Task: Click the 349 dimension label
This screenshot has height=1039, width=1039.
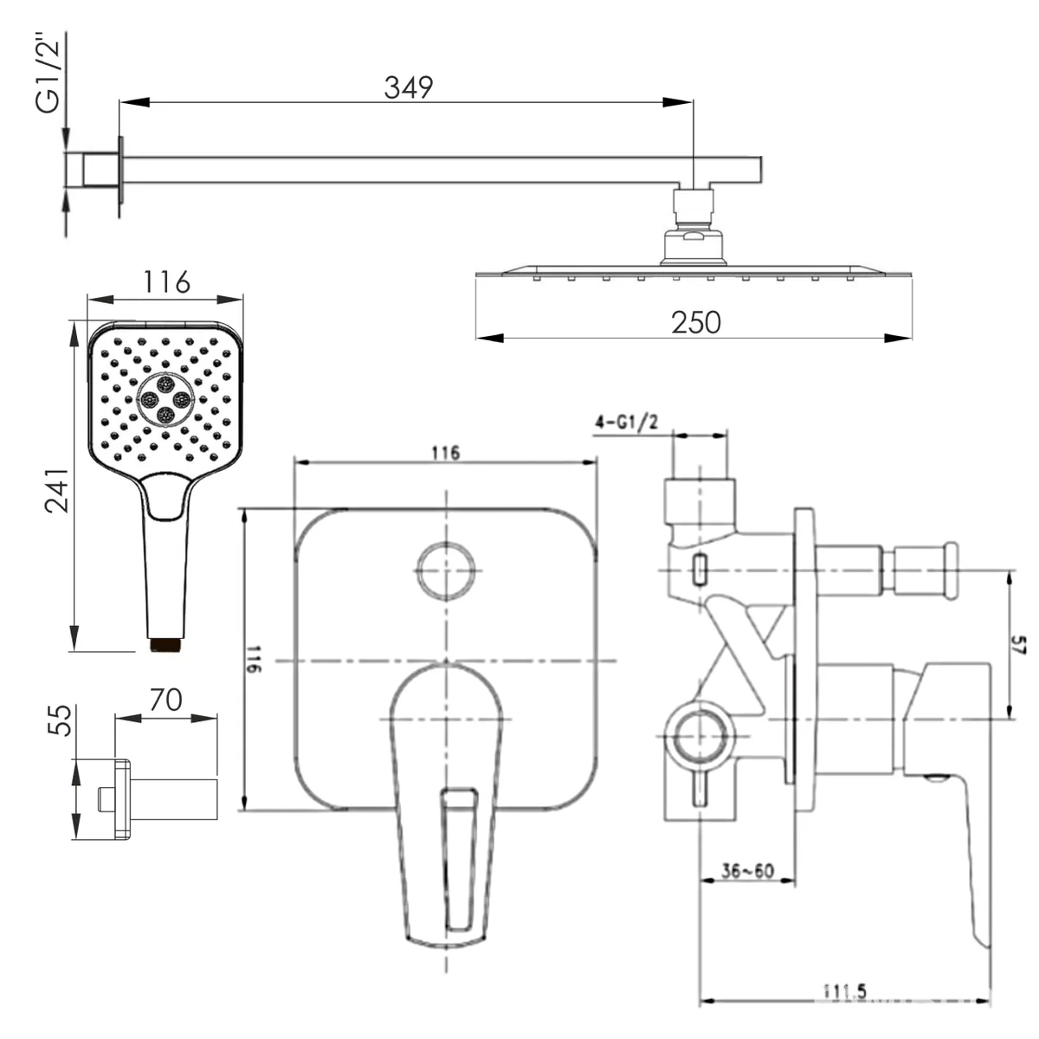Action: click(408, 88)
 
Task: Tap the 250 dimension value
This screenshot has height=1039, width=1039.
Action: click(695, 323)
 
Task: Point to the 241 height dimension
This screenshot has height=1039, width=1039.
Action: click(57, 490)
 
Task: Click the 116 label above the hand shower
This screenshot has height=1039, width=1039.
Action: click(166, 282)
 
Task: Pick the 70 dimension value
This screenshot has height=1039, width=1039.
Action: click(166, 700)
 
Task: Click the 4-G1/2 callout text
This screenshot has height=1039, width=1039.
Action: click(627, 423)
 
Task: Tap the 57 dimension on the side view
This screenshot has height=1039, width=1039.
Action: click(1018, 645)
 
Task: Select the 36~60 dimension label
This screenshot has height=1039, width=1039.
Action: click(747, 871)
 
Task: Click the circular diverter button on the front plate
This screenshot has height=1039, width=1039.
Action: click(447, 571)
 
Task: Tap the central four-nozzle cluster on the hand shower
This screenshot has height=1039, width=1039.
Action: click(165, 399)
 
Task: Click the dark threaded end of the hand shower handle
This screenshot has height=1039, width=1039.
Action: click(166, 645)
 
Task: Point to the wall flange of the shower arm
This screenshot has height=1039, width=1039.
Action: click(120, 170)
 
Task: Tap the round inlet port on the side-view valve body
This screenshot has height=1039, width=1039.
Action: click(700, 736)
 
